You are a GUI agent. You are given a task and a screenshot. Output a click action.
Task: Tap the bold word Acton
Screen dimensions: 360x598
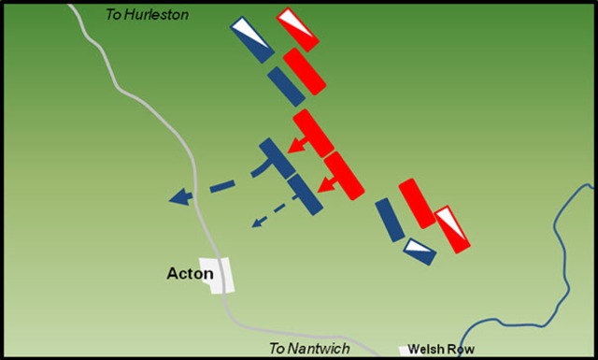tap(190, 274)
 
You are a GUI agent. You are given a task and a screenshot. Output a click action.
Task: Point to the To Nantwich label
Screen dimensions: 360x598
tap(309, 349)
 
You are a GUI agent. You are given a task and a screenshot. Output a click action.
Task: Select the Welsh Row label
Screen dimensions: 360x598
tap(442, 349)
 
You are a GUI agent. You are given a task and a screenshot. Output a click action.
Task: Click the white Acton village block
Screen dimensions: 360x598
tap(221, 277)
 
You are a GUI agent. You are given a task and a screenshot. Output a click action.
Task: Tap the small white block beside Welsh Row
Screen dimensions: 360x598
tap(404, 351)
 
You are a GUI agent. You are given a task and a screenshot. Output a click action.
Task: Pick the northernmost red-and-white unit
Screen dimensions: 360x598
tap(297, 30)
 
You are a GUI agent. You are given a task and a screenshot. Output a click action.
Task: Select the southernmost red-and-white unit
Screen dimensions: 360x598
tap(451, 229)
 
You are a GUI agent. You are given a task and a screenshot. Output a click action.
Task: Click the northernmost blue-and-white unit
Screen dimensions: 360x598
tap(251, 39)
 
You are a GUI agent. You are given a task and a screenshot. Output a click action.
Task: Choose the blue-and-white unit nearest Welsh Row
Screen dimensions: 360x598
tap(420, 252)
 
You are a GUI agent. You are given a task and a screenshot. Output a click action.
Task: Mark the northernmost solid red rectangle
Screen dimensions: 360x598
tap(305, 71)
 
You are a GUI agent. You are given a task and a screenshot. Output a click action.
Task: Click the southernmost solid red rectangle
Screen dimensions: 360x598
tap(418, 203)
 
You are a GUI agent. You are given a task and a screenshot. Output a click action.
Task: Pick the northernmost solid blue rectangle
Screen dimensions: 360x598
tap(286, 85)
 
